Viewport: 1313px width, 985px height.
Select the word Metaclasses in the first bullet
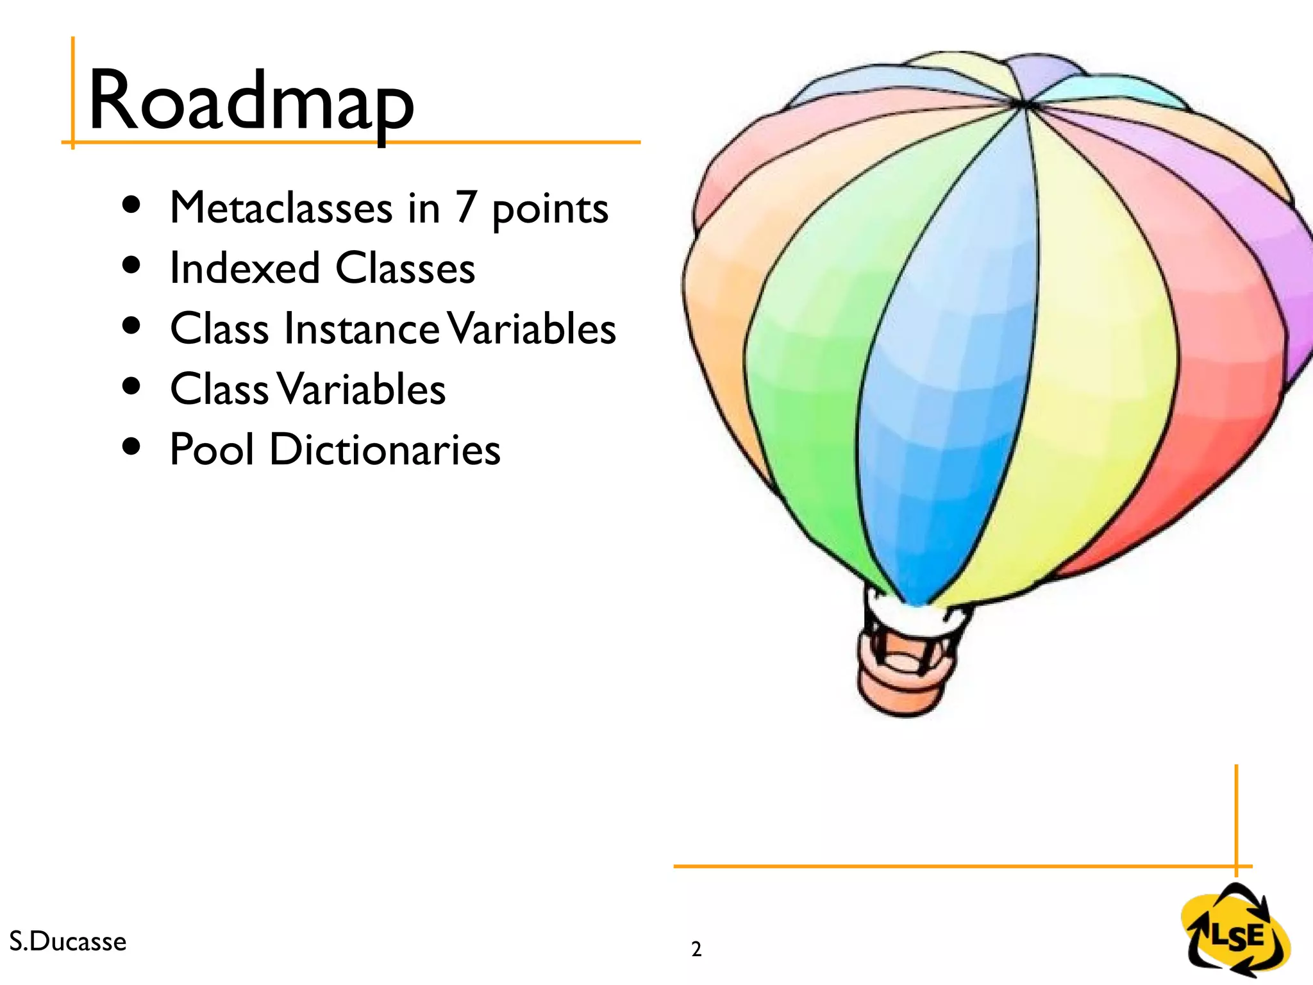[281, 208]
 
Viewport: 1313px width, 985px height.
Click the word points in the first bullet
[550, 210]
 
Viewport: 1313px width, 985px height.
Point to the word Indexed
[244, 268]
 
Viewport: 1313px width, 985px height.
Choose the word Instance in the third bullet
[362, 328]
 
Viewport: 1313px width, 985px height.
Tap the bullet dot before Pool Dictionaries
[131, 446]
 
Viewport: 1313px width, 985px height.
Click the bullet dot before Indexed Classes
[131, 265]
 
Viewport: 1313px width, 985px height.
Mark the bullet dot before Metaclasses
[131, 205]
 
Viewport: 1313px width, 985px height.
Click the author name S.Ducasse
[68, 941]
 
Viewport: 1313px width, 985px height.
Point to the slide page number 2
[696, 949]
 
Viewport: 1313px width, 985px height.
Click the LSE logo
[1235, 931]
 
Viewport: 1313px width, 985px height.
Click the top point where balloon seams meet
[1024, 103]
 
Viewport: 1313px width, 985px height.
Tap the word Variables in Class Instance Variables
[531, 328]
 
